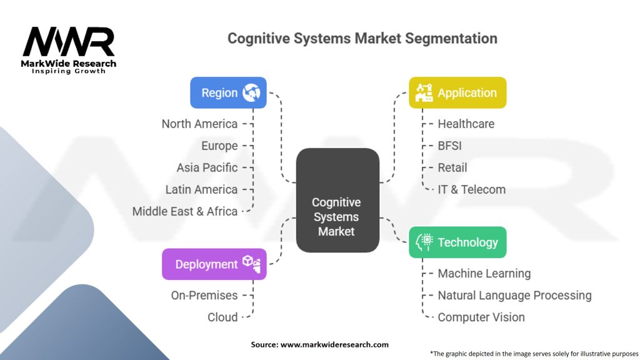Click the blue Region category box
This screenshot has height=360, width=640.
pyautogui.click(x=228, y=92)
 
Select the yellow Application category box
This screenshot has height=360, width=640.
pyautogui.click(x=457, y=92)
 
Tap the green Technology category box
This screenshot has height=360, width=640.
pyautogui.click(x=457, y=242)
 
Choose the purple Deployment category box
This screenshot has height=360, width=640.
pyautogui.click(x=214, y=264)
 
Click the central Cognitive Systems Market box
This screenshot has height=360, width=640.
pyautogui.click(x=337, y=200)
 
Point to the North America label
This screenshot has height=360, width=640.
pyautogui.click(x=199, y=124)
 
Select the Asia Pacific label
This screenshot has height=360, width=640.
pyautogui.click(x=207, y=167)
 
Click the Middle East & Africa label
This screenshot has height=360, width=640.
pyautogui.click(x=185, y=211)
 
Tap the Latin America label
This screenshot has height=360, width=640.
pyautogui.click(x=201, y=189)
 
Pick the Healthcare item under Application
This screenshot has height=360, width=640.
pyautogui.click(x=466, y=124)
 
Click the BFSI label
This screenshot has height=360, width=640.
pyautogui.click(x=449, y=146)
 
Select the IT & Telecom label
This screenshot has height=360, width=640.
pyautogui.click(x=471, y=189)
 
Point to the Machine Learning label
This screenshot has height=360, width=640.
pyautogui.click(x=484, y=273)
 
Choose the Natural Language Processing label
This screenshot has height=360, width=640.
pyautogui.click(x=514, y=295)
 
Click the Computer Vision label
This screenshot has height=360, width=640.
pyautogui.click(x=481, y=317)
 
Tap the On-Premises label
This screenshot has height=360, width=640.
pyautogui.click(x=204, y=295)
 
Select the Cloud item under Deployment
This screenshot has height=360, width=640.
pyautogui.click(x=222, y=317)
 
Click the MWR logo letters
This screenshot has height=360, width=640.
pyautogui.click(x=69, y=42)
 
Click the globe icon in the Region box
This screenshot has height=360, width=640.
pyautogui.click(x=254, y=92)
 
